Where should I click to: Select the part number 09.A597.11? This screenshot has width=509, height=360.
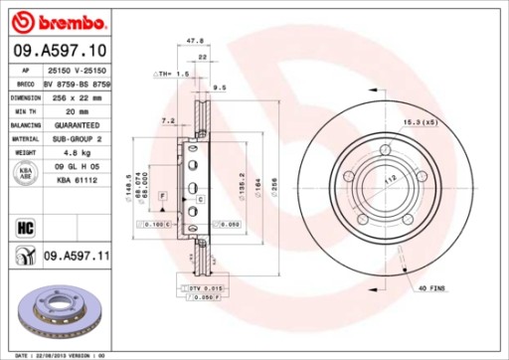(x=76, y=257)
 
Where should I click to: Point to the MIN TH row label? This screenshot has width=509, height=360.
(x=25, y=113)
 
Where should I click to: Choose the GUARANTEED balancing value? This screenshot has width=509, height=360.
(x=75, y=126)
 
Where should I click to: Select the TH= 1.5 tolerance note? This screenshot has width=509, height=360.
(x=175, y=75)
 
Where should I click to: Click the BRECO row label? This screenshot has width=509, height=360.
(x=25, y=87)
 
